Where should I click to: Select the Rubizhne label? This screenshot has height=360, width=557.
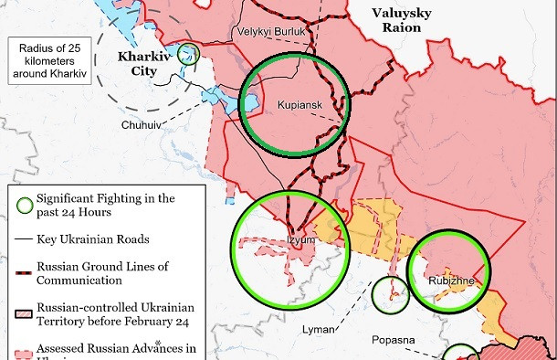(x=450, y=281)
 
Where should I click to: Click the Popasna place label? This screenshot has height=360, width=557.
(x=394, y=340)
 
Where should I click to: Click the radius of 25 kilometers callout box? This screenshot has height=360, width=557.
(x=48, y=60)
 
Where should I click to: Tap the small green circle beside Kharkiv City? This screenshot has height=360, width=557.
(x=189, y=53)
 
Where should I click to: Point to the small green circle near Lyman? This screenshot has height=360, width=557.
(x=392, y=294)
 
